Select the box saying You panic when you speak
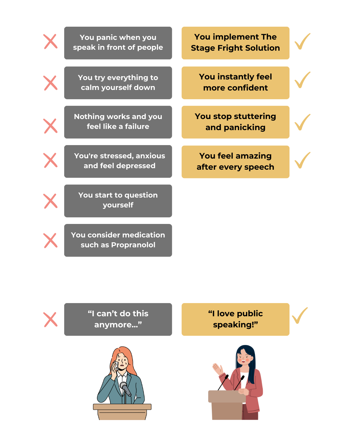pyautogui.click(x=118, y=43)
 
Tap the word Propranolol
pyautogui.click(x=133, y=245)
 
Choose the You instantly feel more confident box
pyautogui.click(x=235, y=82)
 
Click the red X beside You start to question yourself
pyautogui.click(x=50, y=201)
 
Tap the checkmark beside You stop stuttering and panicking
pyautogui.click(x=302, y=122)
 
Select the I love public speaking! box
pyautogui.click(x=235, y=319)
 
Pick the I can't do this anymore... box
pyautogui.click(x=118, y=319)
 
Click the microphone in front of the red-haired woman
pyautogui.click(x=125, y=389)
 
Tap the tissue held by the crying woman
pyautogui.click(x=115, y=366)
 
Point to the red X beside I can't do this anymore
pyautogui.click(x=50, y=319)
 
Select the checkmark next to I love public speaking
pyautogui.click(x=300, y=315)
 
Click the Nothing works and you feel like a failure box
pyautogui.click(x=118, y=122)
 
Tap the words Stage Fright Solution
pyautogui.click(x=235, y=48)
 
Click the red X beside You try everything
pyautogui.click(x=50, y=83)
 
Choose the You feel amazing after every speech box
pyautogui.click(x=235, y=162)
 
